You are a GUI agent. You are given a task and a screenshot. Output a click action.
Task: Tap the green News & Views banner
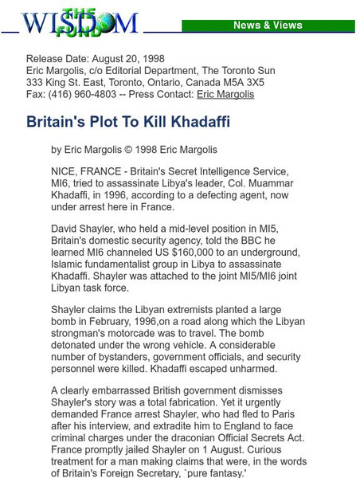tap(268, 25)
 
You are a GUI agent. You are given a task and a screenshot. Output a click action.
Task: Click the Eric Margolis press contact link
tap(225, 94)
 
